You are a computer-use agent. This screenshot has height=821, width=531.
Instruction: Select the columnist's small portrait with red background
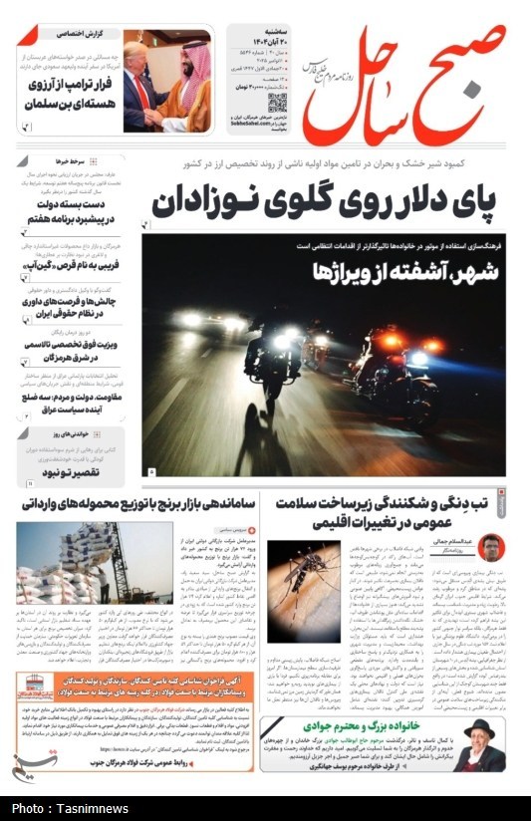(x=489, y=547)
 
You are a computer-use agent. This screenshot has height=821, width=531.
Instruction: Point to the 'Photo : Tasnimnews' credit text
(x=66, y=807)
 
